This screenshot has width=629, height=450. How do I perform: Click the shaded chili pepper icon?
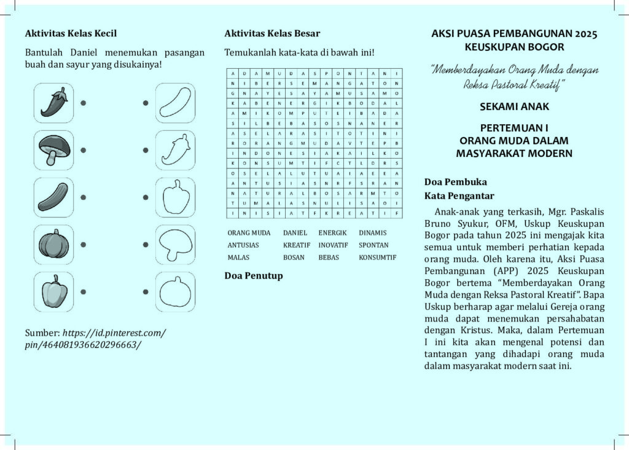[53, 103]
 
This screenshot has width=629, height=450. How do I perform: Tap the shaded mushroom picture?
[53, 150]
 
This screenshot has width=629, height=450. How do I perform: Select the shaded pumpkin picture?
[53, 244]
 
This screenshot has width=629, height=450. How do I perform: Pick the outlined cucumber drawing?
[175, 103]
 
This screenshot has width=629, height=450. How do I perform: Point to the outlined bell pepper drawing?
[175, 197]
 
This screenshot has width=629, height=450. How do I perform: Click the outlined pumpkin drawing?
[175, 291]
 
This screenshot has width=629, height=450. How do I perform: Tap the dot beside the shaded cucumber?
[83, 197]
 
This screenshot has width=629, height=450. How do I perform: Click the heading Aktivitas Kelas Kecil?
[71, 33]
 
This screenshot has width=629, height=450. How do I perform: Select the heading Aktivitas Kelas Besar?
[272, 33]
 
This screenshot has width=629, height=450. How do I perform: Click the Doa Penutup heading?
[254, 275]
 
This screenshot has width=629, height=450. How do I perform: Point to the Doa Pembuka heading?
[455, 182]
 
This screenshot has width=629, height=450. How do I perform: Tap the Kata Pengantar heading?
[459, 196]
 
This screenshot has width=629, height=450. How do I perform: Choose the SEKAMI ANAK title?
[514, 106]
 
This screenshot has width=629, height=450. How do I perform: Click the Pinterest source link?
[95, 338]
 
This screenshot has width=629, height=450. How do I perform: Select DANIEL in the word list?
[295, 234]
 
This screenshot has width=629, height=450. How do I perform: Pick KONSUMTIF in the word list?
[377, 258]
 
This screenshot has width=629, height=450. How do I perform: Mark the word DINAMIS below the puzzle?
[373, 234]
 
